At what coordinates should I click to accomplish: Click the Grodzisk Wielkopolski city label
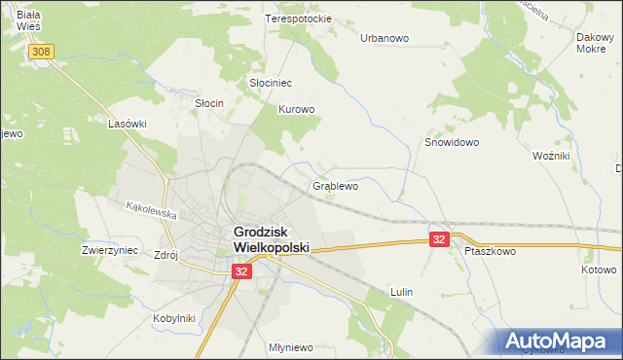(271, 240)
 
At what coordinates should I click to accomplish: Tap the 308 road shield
(41, 52)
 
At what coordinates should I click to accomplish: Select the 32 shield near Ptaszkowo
(440, 238)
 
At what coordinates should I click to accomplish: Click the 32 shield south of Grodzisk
(241, 274)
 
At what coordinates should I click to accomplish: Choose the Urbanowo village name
(385, 38)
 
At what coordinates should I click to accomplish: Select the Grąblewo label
(336, 184)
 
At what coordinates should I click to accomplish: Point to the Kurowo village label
(297, 110)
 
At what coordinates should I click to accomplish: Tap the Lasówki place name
(128, 125)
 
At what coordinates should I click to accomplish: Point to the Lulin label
(401, 292)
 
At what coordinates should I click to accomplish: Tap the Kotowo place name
(599, 270)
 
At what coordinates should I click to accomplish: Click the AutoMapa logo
(559, 342)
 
